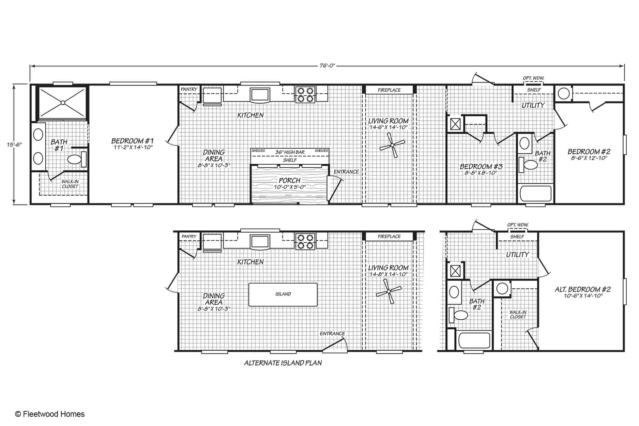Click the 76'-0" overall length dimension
[x=328, y=66]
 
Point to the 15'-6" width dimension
[x=14, y=144]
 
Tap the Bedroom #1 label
[x=133, y=141]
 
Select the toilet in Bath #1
[x=77, y=159]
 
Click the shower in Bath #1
[x=62, y=102]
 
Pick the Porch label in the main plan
[x=290, y=180]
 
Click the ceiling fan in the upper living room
[x=392, y=145]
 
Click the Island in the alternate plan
[x=283, y=294]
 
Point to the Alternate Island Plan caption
[x=283, y=363]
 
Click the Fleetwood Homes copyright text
[x=50, y=414]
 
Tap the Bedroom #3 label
[x=481, y=166]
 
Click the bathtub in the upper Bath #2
[x=535, y=194]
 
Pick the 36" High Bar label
[x=290, y=152]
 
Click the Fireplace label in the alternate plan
[x=389, y=236]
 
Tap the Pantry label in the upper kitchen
[x=189, y=89]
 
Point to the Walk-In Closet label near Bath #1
[x=70, y=184]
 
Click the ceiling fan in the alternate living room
[x=389, y=292]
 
